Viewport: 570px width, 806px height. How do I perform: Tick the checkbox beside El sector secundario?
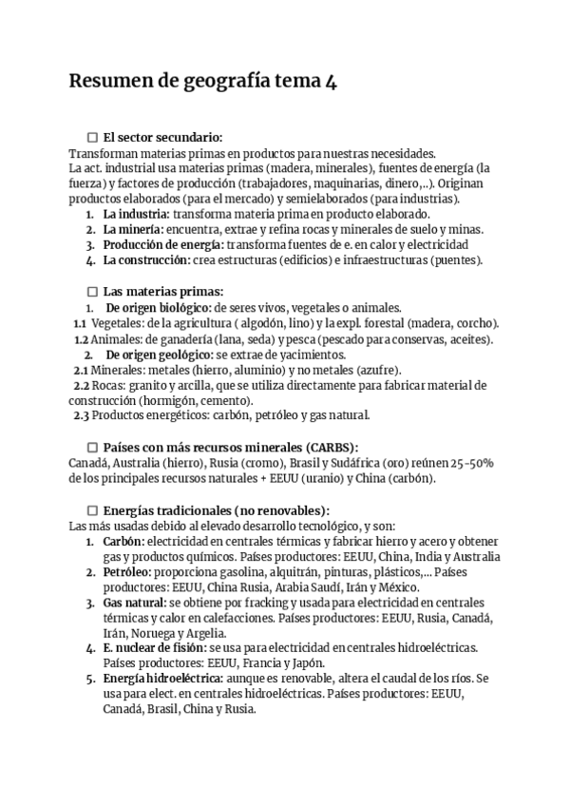point(92,138)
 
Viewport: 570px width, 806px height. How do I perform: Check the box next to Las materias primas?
point(92,292)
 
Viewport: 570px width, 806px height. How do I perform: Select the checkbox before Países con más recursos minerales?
point(92,447)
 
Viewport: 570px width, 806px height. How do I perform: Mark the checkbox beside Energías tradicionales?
point(92,509)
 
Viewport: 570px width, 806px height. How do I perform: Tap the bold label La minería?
point(133,230)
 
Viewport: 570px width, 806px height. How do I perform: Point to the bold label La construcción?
point(146,260)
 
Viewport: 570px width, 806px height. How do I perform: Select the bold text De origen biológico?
point(159,307)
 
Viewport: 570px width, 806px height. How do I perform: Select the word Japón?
point(305,663)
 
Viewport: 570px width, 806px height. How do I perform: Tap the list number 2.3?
point(82,415)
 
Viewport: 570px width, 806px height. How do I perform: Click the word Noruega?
point(161,633)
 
